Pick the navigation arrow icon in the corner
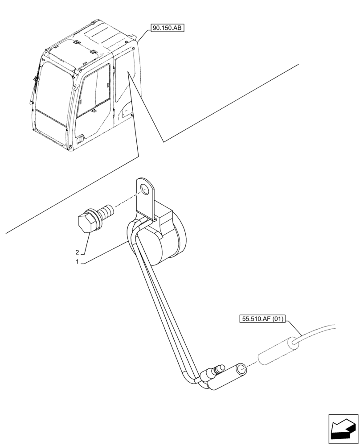(x=343, y=429)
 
